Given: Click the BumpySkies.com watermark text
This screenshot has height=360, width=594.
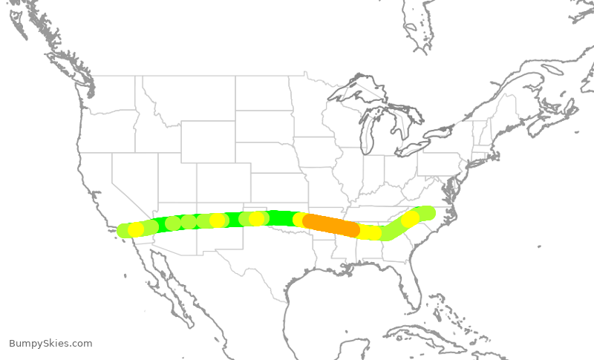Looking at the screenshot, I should pos(50,344).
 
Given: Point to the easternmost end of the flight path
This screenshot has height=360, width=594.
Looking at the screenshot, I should pos(428,213).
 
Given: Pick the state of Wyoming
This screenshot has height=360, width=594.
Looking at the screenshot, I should pos(207,141).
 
